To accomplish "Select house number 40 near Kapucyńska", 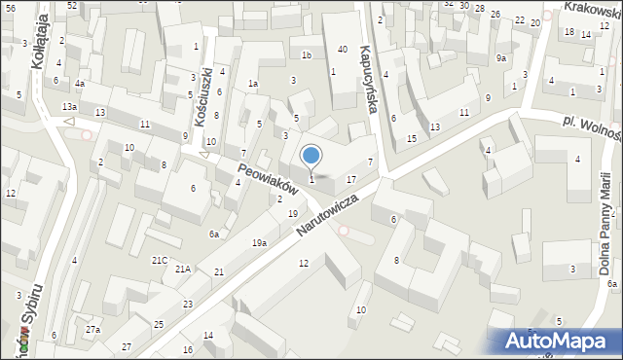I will (x=342, y=49).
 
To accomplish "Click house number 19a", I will (x=259, y=243).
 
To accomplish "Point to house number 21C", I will (x=160, y=260).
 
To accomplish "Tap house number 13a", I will (x=69, y=106).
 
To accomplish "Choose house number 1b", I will (x=306, y=54).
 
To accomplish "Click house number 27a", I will (x=92, y=331).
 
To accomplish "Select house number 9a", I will (x=500, y=58).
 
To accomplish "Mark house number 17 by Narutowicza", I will (x=351, y=179).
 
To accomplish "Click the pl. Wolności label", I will (x=592, y=128).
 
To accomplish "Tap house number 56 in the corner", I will (x=10, y=7).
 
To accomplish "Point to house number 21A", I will (x=183, y=269).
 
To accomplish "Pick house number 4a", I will (x=81, y=84).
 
